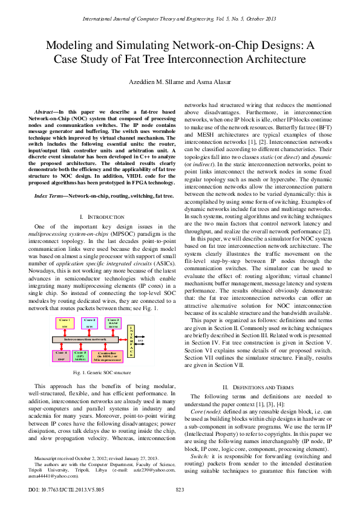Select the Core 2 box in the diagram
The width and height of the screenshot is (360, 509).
point(90,324)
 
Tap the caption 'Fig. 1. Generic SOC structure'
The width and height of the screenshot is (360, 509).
point(100,373)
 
